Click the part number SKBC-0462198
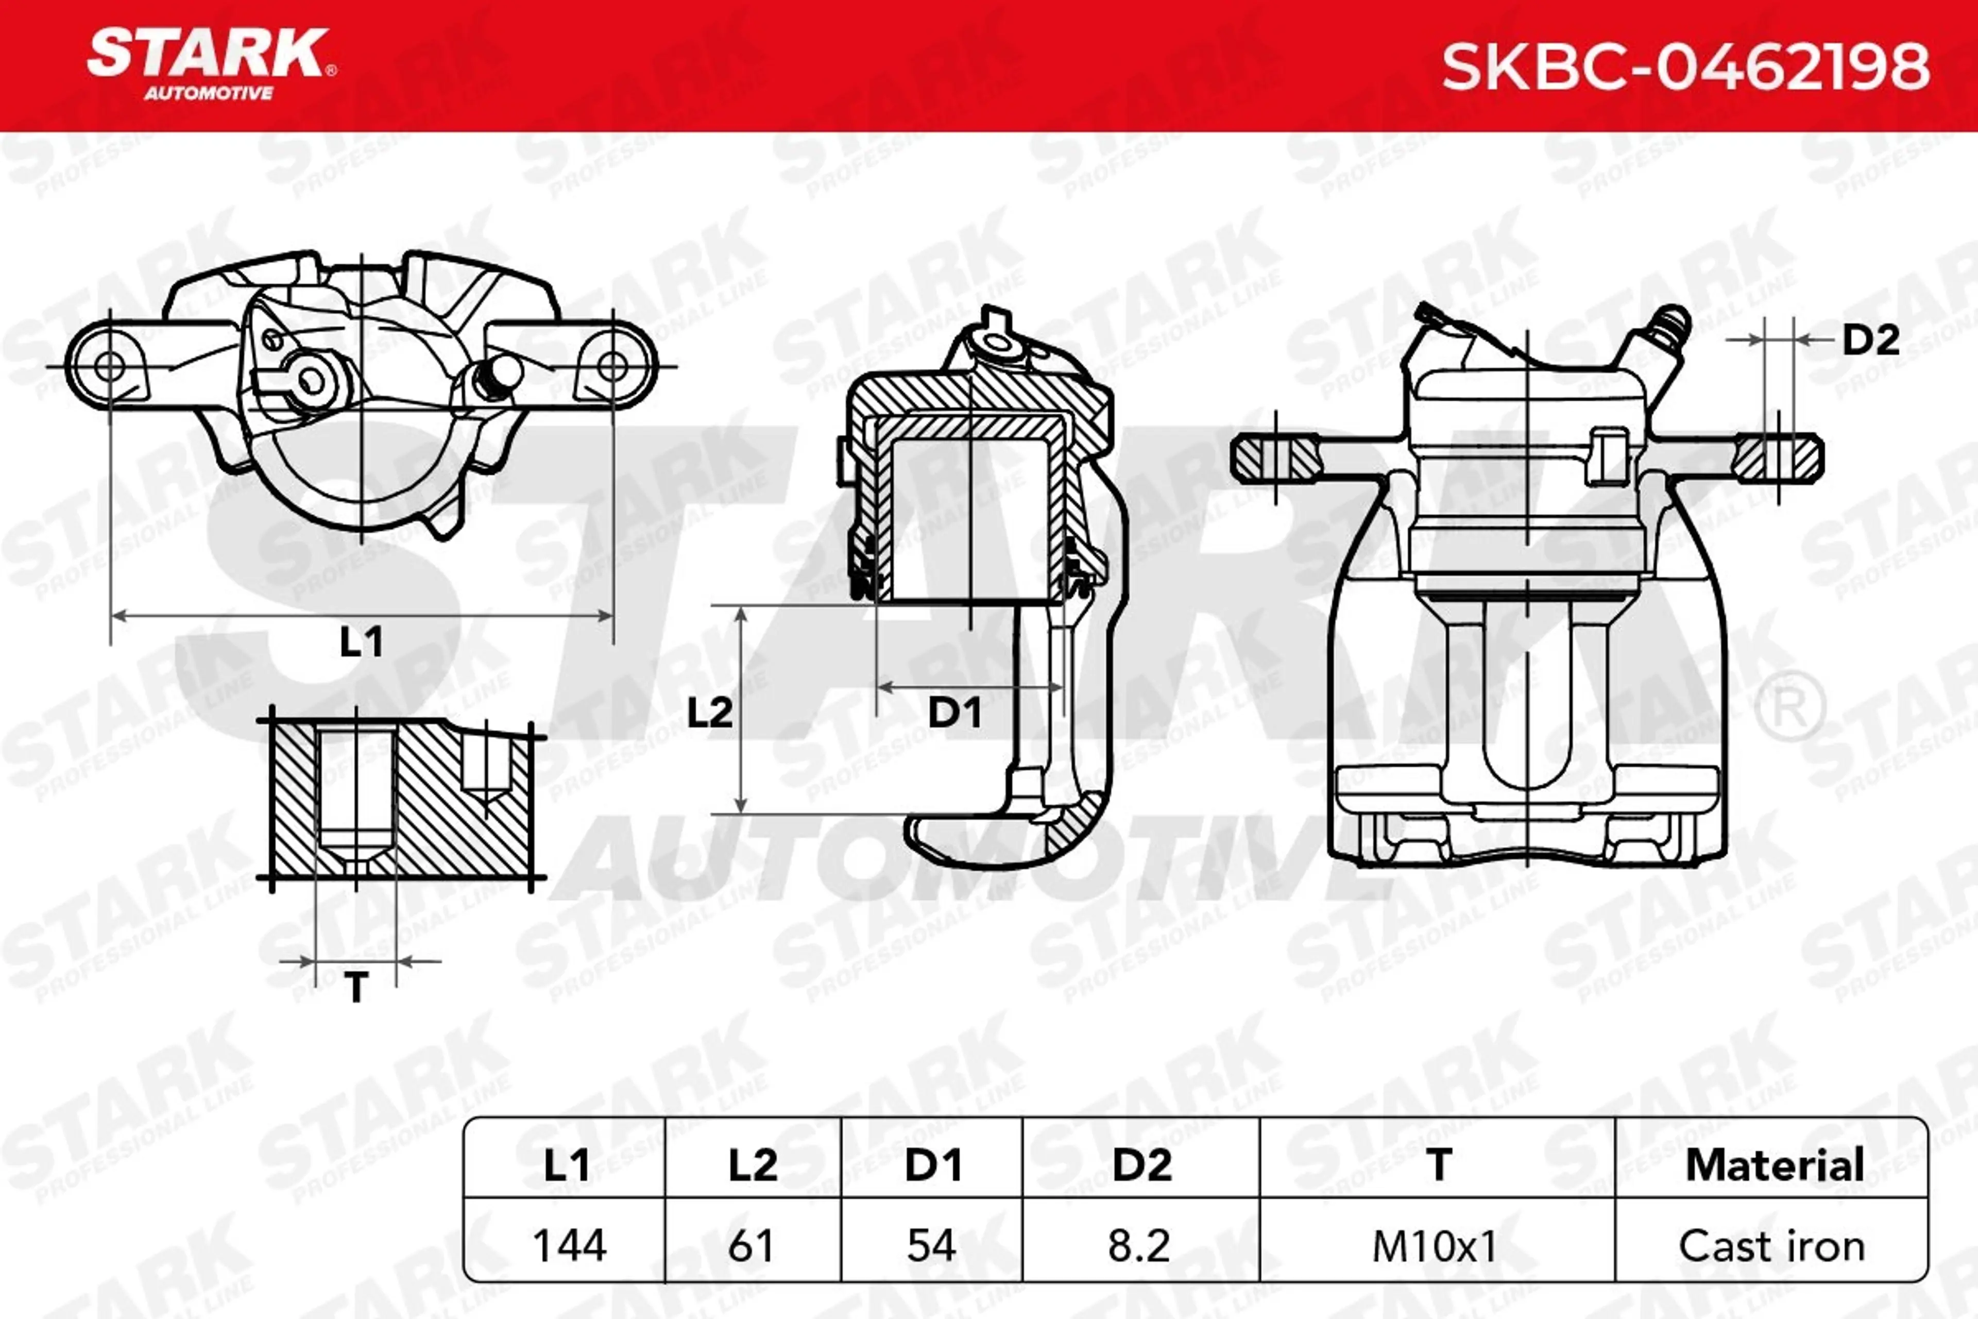point(1685,66)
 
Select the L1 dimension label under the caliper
point(362,642)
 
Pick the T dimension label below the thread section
point(356,987)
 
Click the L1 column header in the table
point(566,1165)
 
